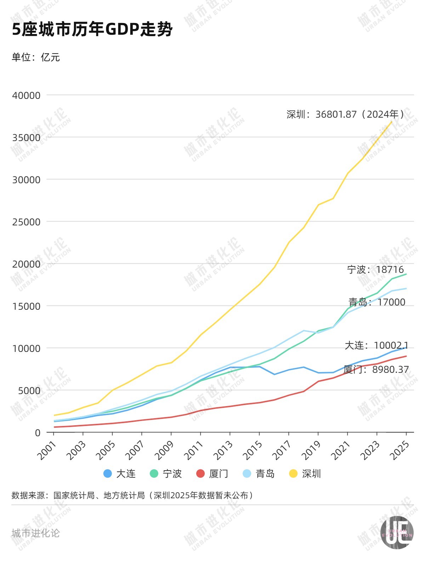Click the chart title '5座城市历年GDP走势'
(x=92, y=29)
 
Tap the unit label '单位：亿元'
(x=36, y=57)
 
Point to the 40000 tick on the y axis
(x=26, y=95)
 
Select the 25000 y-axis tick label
(x=26, y=222)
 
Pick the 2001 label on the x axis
(x=47, y=450)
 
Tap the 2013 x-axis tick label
(x=223, y=450)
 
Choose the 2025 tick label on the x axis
(x=400, y=450)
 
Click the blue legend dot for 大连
(x=108, y=473)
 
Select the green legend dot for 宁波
(x=154, y=473)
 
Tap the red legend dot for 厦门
(x=200, y=473)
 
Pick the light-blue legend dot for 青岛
(x=247, y=473)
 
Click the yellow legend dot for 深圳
(x=293, y=473)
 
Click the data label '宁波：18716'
(x=375, y=269)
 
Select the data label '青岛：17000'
(x=377, y=302)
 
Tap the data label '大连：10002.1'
(x=376, y=345)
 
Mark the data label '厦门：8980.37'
(x=376, y=370)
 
